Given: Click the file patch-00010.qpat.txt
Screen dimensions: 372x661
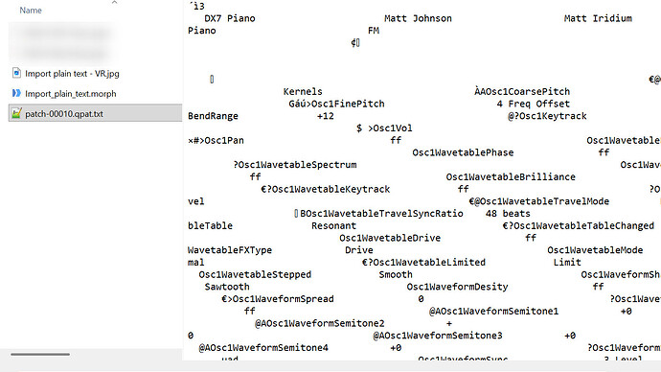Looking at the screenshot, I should [70, 114].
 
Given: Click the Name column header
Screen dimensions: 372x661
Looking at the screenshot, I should [31, 10].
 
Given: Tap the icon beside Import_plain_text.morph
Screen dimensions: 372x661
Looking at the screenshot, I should [15, 93].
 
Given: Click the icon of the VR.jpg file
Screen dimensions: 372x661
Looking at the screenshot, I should [15, 73].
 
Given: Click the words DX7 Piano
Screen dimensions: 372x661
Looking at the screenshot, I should [229, 18].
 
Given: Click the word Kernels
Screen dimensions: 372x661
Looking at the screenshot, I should [303, 91].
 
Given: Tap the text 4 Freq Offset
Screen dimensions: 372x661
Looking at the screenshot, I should [533, 104].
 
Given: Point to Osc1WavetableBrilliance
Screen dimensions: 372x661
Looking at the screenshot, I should [511, 176].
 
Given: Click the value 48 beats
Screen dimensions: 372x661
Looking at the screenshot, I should [509, 213].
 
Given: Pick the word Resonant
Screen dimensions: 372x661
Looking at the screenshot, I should [333, 225].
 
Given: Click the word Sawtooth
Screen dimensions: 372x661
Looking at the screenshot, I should [227, 286].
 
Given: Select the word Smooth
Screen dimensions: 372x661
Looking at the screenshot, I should [396, 274].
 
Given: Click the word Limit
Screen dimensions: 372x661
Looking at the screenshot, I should [567, 262].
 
